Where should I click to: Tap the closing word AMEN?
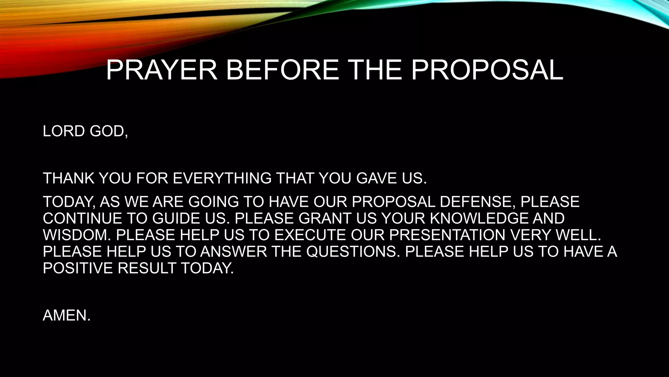click(x=66, y=315)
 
